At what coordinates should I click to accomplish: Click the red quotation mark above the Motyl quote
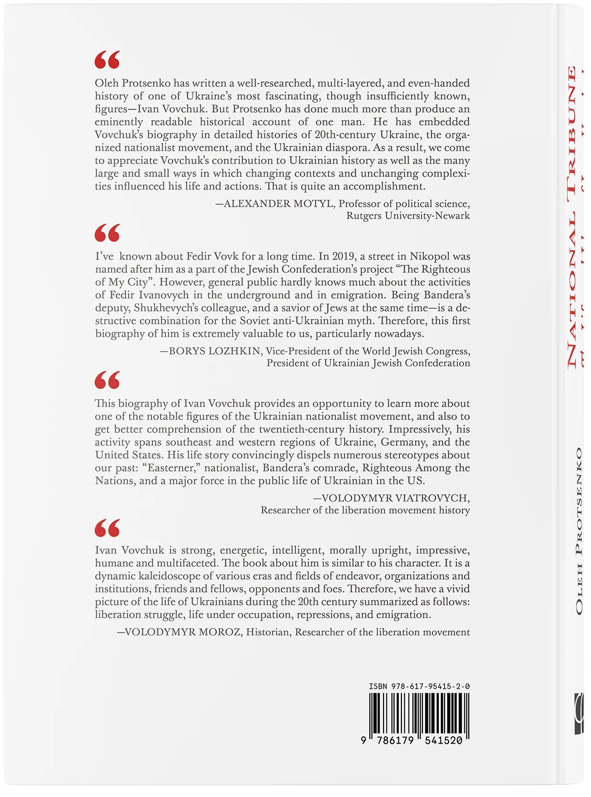[107, 60]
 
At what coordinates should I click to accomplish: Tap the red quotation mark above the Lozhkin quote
[107, 233]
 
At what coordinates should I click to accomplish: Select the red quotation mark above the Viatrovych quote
[107, 380]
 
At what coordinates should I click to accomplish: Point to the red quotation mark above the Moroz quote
[107, 528]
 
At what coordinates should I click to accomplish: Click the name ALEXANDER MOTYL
[279, 204]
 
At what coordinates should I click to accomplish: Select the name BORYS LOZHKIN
[215, 351]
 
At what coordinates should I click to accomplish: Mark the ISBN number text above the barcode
[419, 686]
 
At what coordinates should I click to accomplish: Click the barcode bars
[419, 713]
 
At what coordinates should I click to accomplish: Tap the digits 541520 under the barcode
[443, 740]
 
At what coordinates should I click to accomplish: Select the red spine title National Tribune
[572, 216]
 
